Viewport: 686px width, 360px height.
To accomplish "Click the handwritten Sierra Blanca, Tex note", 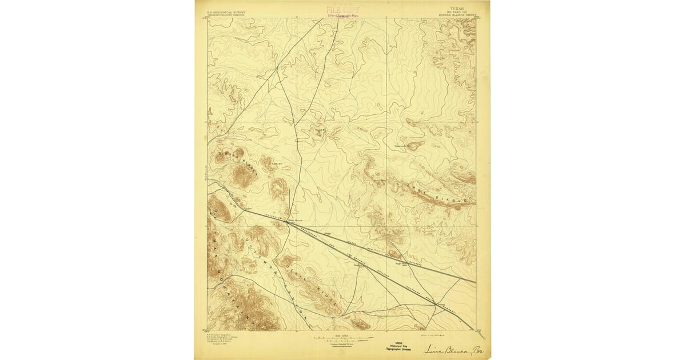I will (x=452, y=348).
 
